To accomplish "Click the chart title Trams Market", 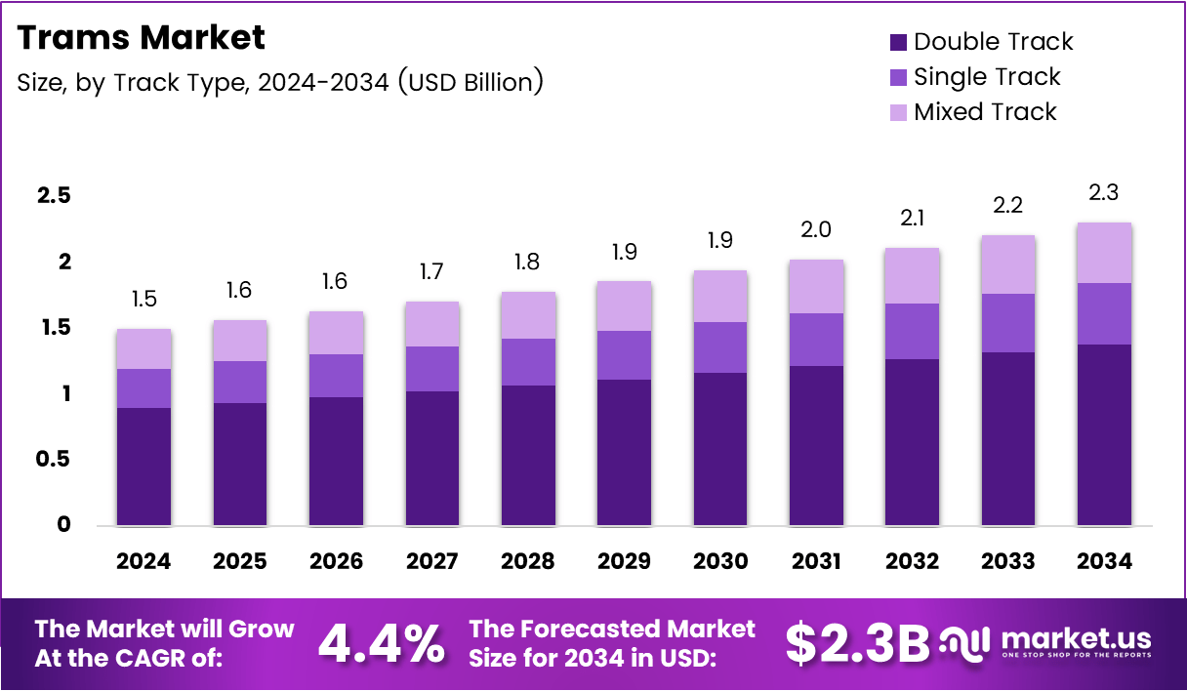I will [x=141, y=38].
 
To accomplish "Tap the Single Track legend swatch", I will [x=898, y=77].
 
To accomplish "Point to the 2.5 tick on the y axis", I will [x=54, y=196].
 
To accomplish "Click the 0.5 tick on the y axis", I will [x=54, y=459].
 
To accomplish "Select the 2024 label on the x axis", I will [x=143, y=561].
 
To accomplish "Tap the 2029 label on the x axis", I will [x=624, y=561].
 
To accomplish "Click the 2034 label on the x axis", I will [x=1104, y=561].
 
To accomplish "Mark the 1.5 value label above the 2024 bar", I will [x=143, y=299].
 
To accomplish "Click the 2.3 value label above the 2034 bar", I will [x=1104, y=193].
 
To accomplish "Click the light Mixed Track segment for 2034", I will [x=1104, y=253].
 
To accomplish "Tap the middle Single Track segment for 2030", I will [x=719, y=347].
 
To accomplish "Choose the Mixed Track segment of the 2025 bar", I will [x=239, y=341].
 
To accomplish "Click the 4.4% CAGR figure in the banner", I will [x=382, y=643].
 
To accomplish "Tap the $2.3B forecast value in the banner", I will [x=857, y=643].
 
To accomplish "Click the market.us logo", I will [x=1046, y=643].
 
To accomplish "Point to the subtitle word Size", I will [x=40, y=83].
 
